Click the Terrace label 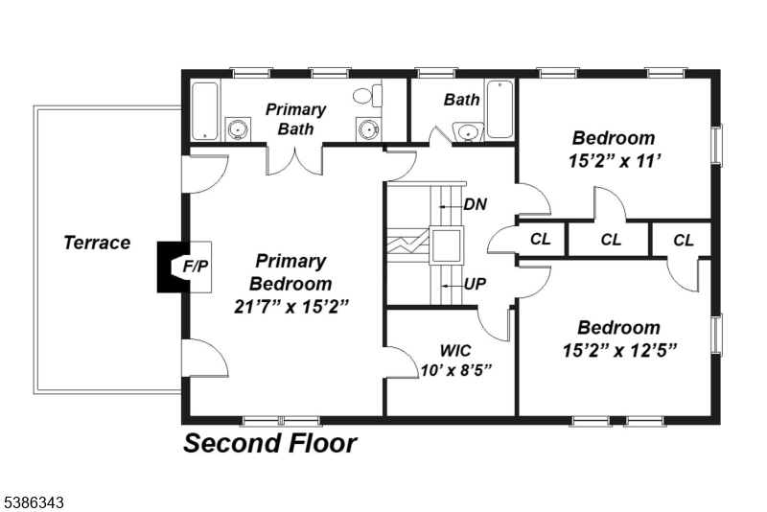[x=97, y=243]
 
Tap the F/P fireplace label [x=196, y=265]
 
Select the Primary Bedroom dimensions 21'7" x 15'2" [x=291, y=307]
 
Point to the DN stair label [x=475, y=204]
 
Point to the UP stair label [x=475, y=285]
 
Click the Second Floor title [x=269, y=444]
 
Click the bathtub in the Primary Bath [x=205, y=111]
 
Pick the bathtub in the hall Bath [x=500, y=110]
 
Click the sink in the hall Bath [x=467, y=131]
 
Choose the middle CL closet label [x=610, y=240]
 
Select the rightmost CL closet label [x=683, y=240]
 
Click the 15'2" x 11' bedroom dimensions [x=614, y=161]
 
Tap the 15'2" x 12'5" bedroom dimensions [x=619, y=350]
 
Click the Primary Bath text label [x=295, y=119]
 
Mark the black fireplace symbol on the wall [x=169, y=265]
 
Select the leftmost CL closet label [x=541, y=240]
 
